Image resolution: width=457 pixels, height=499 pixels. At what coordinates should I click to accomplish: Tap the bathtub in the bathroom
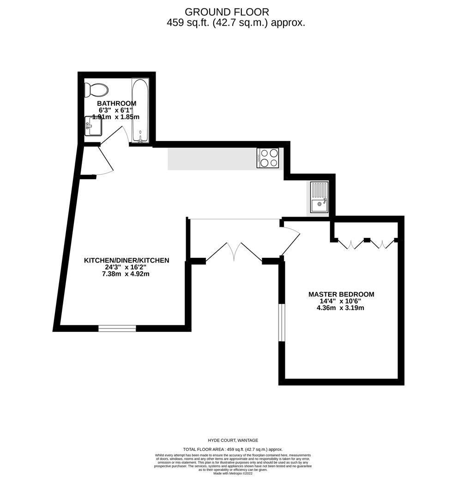140,110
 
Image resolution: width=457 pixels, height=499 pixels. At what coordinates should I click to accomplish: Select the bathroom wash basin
93,126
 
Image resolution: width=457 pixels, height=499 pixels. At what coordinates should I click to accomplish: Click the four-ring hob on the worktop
268,158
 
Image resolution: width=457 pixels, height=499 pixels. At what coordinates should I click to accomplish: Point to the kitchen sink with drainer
319,197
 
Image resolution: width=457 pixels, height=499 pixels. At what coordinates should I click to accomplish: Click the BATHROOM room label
116,103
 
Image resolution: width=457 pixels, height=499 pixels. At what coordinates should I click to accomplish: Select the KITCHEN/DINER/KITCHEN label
126,261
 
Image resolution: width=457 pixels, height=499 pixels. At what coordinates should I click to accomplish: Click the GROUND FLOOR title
227,12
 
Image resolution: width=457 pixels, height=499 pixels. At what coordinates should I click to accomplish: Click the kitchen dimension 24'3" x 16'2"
126,267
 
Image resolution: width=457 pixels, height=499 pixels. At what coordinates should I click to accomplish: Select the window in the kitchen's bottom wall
117,329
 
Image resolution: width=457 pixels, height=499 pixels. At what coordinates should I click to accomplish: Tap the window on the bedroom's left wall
282,323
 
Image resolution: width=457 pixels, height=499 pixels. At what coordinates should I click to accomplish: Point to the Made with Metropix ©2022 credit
233,473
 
